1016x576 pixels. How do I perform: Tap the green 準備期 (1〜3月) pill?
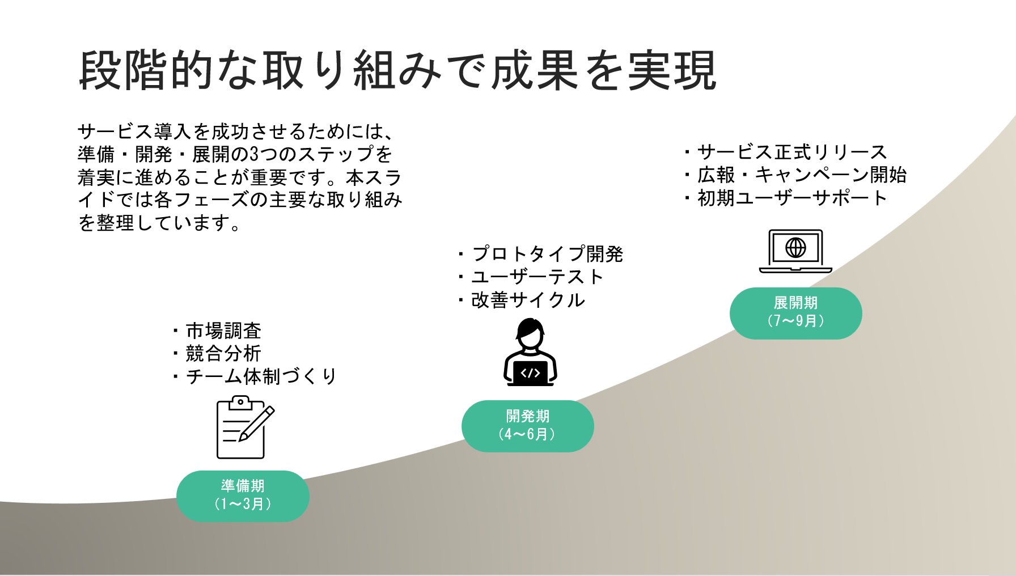coord(243,495)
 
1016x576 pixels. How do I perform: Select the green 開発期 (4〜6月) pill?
coord(527,426)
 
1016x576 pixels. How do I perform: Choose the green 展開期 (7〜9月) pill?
coord(795,313)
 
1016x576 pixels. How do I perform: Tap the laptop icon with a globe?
coord(795,251)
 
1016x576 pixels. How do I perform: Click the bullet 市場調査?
coord(223,331)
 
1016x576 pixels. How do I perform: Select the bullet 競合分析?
coord(223,353)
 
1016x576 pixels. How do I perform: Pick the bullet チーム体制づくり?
coord(261,376)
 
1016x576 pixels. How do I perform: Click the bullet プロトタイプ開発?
coord(547,253)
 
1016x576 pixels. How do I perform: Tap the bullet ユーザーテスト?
coord(537,277)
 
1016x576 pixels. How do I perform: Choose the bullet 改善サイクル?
coord(528,300)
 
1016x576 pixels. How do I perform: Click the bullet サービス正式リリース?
coord(791,152)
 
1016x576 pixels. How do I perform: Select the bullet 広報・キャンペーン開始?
coord(802,175)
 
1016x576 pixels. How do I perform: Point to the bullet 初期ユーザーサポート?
coord(791,198)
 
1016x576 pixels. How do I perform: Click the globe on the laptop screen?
coord(795,247)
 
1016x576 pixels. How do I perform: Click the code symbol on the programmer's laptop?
coord(530,372)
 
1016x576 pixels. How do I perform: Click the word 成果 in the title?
coord(535,71)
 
